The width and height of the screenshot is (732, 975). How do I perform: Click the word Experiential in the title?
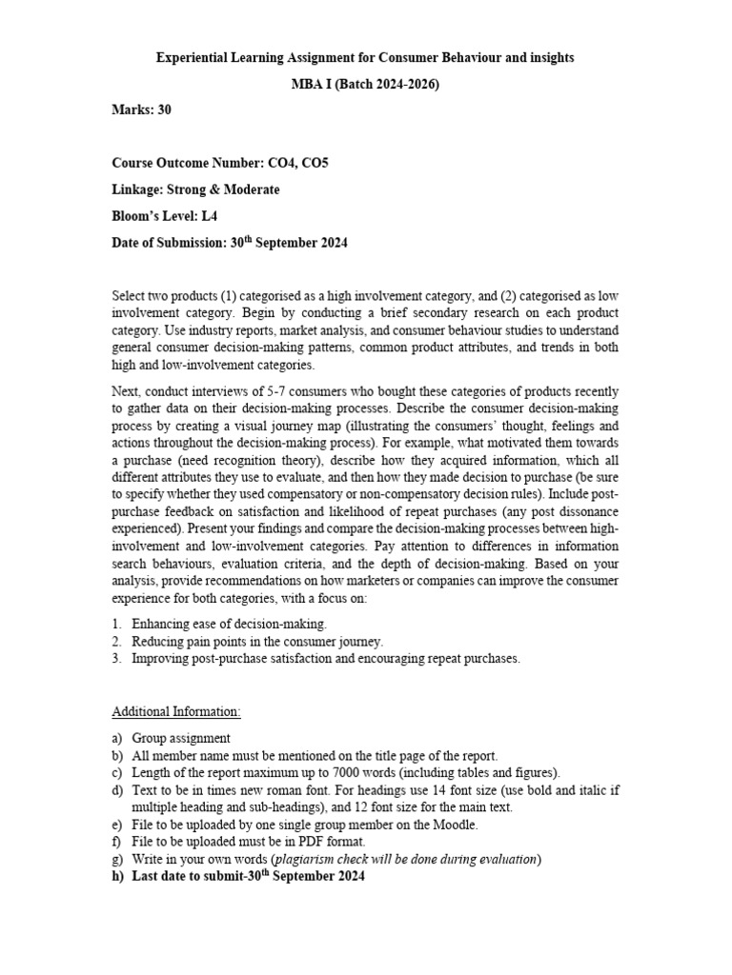[x=192, y=58]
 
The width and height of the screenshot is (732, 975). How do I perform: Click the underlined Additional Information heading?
[x=176, y=711]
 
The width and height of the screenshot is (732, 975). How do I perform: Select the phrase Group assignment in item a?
[x=181, y=738]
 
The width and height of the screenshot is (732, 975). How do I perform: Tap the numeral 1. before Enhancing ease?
[x=117, y=624]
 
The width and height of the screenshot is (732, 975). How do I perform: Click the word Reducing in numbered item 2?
[x=157, y=641]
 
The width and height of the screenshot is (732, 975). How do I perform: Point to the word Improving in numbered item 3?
[x=160, y=658]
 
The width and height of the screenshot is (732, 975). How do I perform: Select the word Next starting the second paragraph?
[x=127, y=391]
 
